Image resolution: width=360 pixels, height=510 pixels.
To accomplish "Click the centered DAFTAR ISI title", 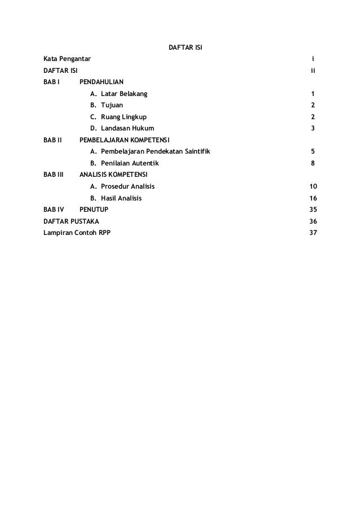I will coord(186,46).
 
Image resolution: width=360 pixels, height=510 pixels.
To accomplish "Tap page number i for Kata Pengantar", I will coord(313,59).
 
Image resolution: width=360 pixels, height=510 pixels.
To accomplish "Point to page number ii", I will coord(313,71).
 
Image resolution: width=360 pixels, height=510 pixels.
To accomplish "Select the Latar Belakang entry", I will coord(120,94).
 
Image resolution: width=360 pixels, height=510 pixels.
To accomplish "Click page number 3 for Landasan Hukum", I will coord(313,129).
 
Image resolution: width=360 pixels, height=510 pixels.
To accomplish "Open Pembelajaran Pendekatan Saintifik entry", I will coord(151,152).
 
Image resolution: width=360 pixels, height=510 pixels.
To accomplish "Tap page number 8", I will coord(313,164).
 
